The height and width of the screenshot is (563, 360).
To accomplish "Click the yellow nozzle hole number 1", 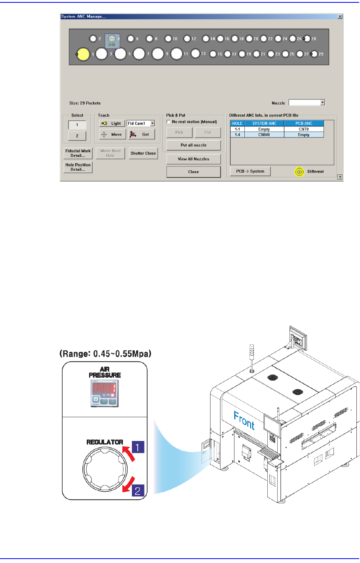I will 83,54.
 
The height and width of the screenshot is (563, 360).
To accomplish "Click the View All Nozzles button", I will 193,159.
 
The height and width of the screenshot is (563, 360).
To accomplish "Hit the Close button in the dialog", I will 193,172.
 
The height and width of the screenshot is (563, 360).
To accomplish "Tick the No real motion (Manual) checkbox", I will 169,122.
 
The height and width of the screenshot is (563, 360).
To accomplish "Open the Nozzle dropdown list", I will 322,103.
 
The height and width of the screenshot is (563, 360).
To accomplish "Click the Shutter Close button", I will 143,153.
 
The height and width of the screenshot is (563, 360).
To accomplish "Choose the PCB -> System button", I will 250,171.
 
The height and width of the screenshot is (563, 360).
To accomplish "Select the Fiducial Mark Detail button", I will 78,153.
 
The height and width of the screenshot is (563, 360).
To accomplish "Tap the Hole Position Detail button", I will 78,167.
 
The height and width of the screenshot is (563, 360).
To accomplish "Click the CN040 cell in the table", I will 264,135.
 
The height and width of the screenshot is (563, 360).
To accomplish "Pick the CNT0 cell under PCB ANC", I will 304,129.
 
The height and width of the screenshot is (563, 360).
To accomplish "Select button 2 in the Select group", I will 77,136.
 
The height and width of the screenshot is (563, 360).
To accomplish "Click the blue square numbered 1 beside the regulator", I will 137,447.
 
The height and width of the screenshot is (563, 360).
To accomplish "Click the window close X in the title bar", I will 340,17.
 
